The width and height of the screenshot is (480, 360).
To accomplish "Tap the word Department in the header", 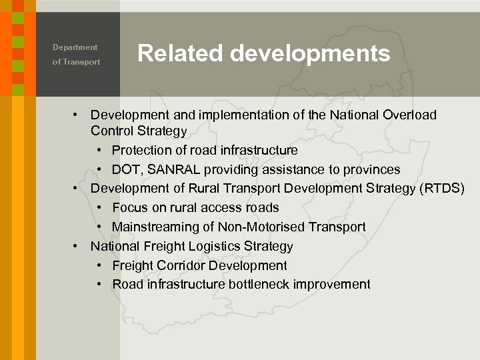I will (75, 47).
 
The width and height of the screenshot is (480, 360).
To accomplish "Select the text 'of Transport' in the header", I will (77, 62).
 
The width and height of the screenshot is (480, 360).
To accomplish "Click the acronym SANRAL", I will (173, 169).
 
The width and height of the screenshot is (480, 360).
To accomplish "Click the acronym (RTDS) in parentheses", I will (442, 188).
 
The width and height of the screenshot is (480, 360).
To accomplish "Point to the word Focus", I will (130, 207).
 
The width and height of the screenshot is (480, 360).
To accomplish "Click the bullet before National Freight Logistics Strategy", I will (77, 246).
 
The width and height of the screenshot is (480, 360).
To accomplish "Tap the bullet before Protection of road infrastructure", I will (99, 150).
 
